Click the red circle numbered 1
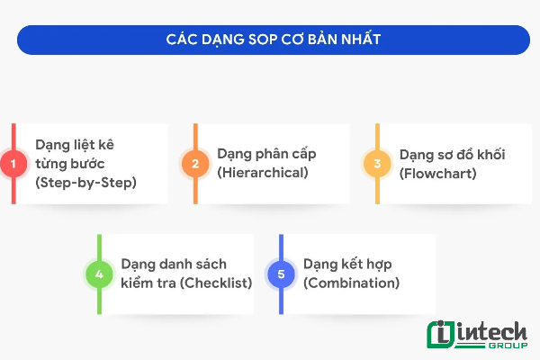click(13, 164)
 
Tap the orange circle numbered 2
click(193, 164)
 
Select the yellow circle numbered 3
click(377, 164)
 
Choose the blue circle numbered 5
click(281, 274)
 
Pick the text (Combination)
click(351, 282)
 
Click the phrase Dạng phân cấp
click(266, 154)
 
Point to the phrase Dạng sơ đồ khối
click(452, 154)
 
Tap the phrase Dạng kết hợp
click(347, 264)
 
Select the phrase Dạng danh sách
click(174, 264)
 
